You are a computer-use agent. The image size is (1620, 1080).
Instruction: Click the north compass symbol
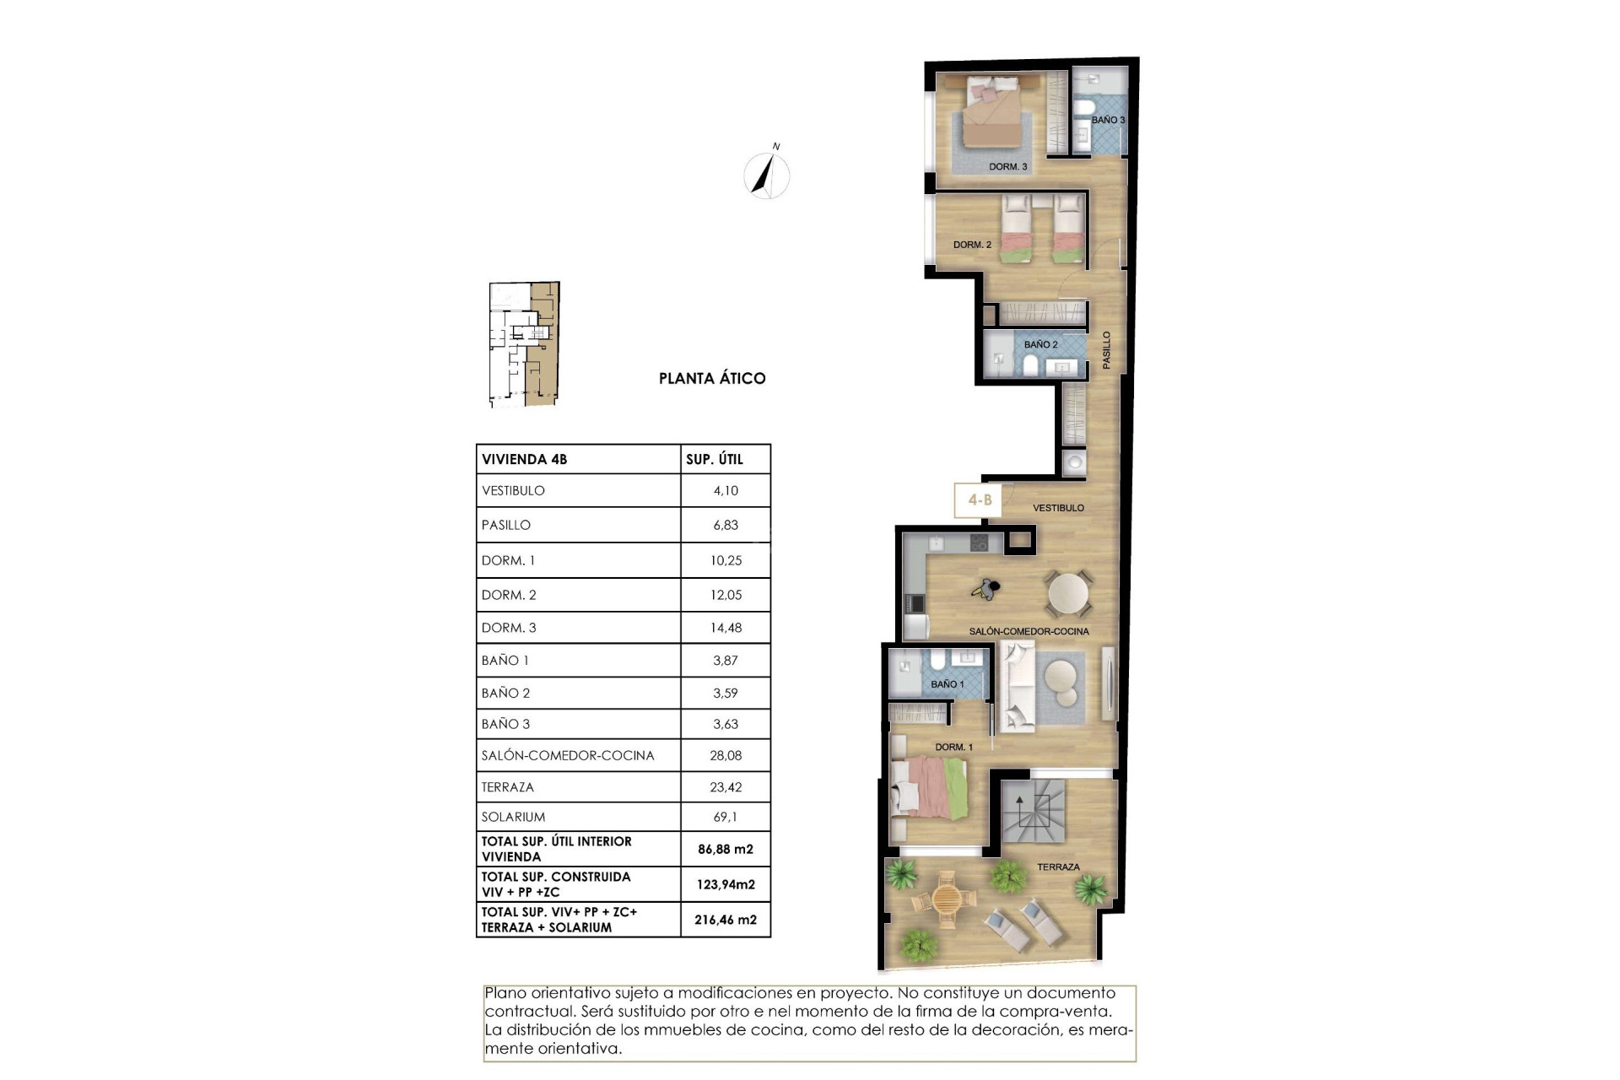(767, 175)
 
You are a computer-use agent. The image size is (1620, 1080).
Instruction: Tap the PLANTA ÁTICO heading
(712, 379)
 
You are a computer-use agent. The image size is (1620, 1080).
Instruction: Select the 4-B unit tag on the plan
(980, 499)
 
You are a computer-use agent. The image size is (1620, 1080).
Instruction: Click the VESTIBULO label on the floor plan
(1058, 508)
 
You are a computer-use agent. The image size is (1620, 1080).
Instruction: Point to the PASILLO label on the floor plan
(1106, 349)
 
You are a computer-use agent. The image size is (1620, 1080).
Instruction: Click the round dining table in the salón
(1069, 594)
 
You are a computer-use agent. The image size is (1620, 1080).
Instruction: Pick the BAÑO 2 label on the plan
(1040, 344)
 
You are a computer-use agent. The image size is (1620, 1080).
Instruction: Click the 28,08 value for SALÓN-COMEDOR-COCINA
(726, 755)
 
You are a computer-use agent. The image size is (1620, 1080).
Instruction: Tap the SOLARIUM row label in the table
(513, 817)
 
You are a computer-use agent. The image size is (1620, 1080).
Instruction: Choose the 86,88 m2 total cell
(726, 850)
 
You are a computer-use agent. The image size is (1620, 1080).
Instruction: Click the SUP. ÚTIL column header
(714, 459)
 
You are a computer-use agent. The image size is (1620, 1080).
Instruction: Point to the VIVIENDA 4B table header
(524, 459)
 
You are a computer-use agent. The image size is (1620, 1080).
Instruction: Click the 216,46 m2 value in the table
(726, 920)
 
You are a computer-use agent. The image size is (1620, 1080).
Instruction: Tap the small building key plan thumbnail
(524, 344)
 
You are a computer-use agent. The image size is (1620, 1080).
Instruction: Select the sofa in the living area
(1017, 685)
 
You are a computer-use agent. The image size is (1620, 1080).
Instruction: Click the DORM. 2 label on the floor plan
(972, 245)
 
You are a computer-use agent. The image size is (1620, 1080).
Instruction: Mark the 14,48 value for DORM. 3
(726, 628)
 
